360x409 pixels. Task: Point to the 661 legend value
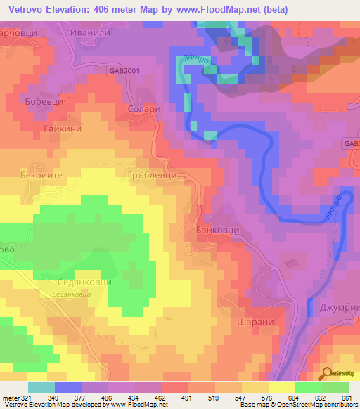tap(346, 398)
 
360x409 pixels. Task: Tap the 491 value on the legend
tap(186, 398)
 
